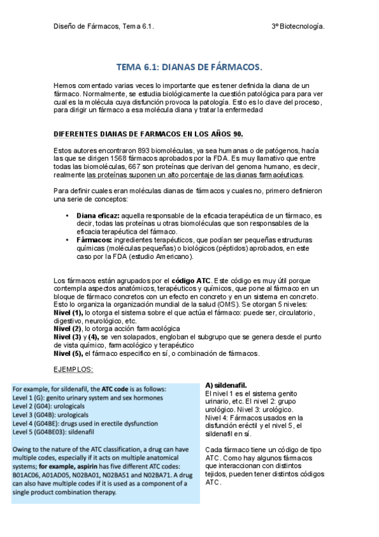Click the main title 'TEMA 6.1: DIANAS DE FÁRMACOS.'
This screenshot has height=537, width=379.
189,66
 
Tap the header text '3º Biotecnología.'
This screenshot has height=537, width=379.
298,27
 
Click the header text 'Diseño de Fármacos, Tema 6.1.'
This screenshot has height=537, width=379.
103,27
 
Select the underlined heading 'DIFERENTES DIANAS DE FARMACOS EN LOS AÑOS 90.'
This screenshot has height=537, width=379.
148,134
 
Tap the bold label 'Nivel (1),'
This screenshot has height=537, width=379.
68,313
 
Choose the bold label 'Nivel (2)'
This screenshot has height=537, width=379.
67,329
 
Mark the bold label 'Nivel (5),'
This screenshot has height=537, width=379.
68,353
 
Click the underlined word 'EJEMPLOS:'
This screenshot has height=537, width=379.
73,369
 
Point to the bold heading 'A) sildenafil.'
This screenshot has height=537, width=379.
227,385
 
